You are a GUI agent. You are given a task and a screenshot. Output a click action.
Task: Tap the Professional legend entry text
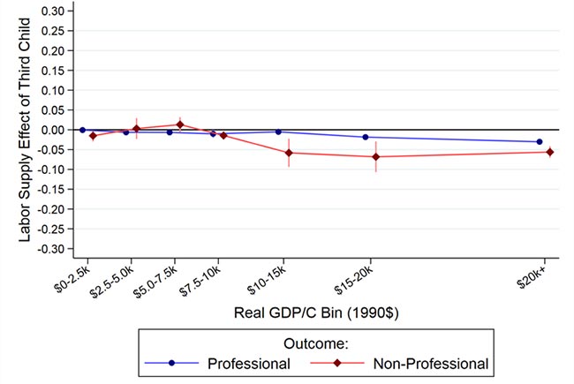tap(248, 363)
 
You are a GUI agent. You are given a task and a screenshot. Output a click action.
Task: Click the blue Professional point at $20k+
tap(539, 142)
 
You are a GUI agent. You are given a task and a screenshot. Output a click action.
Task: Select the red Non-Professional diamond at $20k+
tap(549, 152)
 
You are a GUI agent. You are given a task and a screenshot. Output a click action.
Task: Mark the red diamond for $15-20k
tap(376, 157)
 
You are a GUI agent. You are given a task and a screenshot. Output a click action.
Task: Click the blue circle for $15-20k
tap(366, 137)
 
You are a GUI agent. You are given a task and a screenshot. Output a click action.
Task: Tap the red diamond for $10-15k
tap(289, 153)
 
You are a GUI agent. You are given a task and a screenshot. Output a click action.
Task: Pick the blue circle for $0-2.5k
tap(82, 130)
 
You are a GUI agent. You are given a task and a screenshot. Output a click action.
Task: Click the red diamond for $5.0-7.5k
tap(180, 124)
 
